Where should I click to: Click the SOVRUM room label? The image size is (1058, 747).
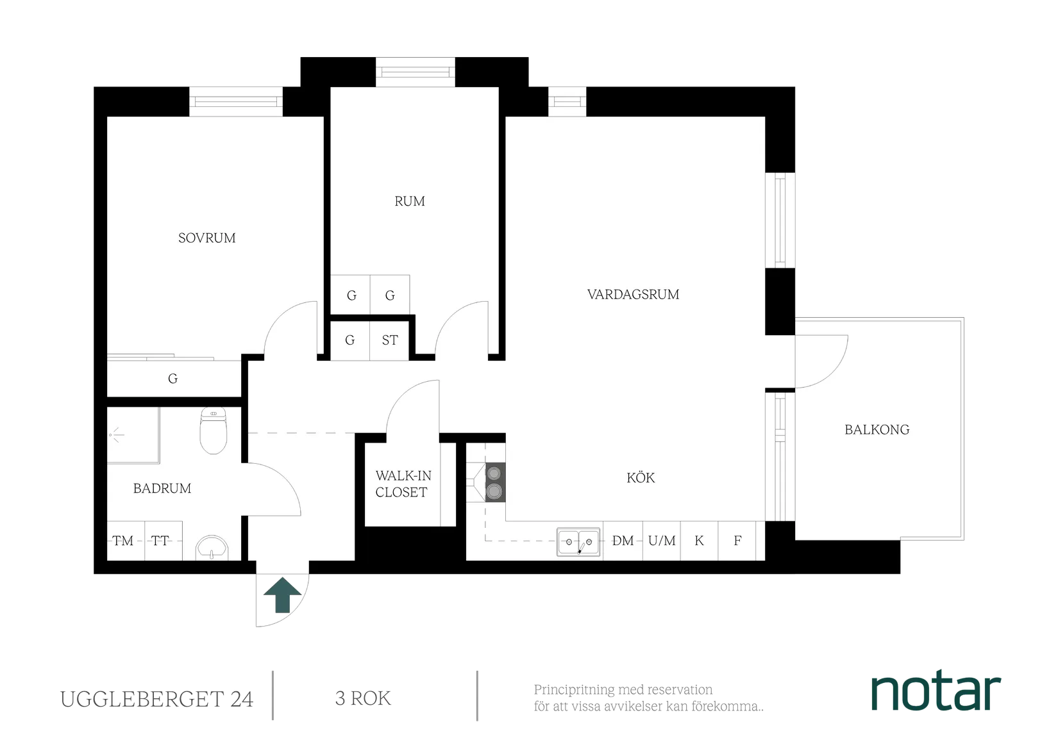coord(206,238)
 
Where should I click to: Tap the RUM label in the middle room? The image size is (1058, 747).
coord(409,201)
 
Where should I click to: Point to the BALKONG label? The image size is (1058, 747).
coord(877,430)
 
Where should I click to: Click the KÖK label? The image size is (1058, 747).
coord(641,478)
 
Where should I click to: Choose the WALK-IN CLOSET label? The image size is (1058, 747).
coord(402,484)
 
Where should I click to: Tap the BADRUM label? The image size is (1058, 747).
coord(162,489)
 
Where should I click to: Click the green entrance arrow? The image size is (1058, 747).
coord(282,596)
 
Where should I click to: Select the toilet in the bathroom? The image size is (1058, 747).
coord(213,431)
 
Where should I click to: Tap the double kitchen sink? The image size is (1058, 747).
coord(578,542)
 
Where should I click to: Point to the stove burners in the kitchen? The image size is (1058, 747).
coord(494,482)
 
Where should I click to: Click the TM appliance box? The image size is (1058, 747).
coord(123,541)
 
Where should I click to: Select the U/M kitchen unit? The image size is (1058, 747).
coord(661,541)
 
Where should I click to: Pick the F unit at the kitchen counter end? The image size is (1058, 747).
coord(737,541)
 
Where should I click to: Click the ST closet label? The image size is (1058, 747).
coord(390,340)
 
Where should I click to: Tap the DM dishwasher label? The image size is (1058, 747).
coord(623,541)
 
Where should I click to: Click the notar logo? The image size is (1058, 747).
coord(936,692)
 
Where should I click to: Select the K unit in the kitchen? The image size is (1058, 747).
coord(699,541)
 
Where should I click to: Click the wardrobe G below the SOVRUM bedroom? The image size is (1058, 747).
coord(172,379)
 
